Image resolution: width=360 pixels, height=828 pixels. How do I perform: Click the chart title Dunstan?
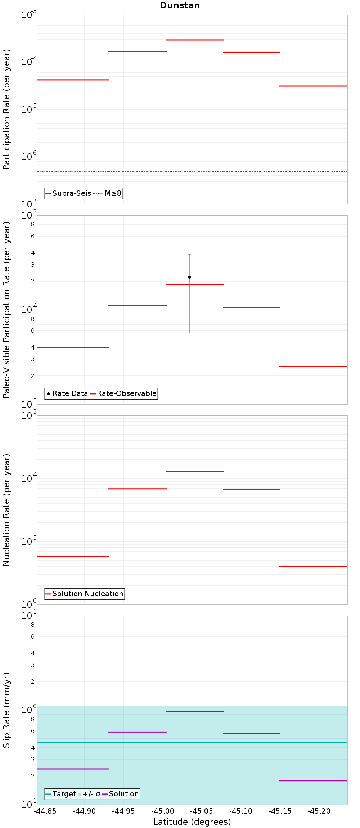click(x=180, y=5)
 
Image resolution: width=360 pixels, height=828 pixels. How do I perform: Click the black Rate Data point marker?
click(x=189, y=277)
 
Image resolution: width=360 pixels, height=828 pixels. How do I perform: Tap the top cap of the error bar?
click(x=189, y=255)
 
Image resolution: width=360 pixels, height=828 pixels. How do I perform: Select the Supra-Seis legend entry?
click(x=68, y=194)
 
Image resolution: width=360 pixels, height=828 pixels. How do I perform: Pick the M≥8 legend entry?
click(x=108, y=194)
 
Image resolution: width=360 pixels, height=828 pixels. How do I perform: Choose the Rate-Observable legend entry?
click(x=123, y=394)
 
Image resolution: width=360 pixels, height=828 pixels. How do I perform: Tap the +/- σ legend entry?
click(x=89, y=794)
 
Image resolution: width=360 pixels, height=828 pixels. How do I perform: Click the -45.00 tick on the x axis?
click(x=163, y=811)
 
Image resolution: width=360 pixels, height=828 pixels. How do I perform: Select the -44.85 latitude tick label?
click(x=45, y=811)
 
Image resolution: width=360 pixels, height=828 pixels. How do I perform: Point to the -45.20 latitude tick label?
click(x=319, y=811)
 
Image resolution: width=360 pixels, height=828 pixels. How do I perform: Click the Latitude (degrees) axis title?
click(x=192, y=822)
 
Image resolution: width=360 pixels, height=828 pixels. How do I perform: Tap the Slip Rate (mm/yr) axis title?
click(x=6, y=710)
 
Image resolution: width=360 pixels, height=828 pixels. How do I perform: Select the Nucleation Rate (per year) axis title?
click(x=6, y=510)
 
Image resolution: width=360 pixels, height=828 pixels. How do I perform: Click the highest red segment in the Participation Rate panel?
click(x=195, y=40)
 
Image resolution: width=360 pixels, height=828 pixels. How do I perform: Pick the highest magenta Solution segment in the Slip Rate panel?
click(x=195, y=712)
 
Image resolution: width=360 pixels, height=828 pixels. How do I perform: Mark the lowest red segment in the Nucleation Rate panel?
click(x=313, y=567)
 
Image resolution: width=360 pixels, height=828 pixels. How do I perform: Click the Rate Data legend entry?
click(x=67, y=394)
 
